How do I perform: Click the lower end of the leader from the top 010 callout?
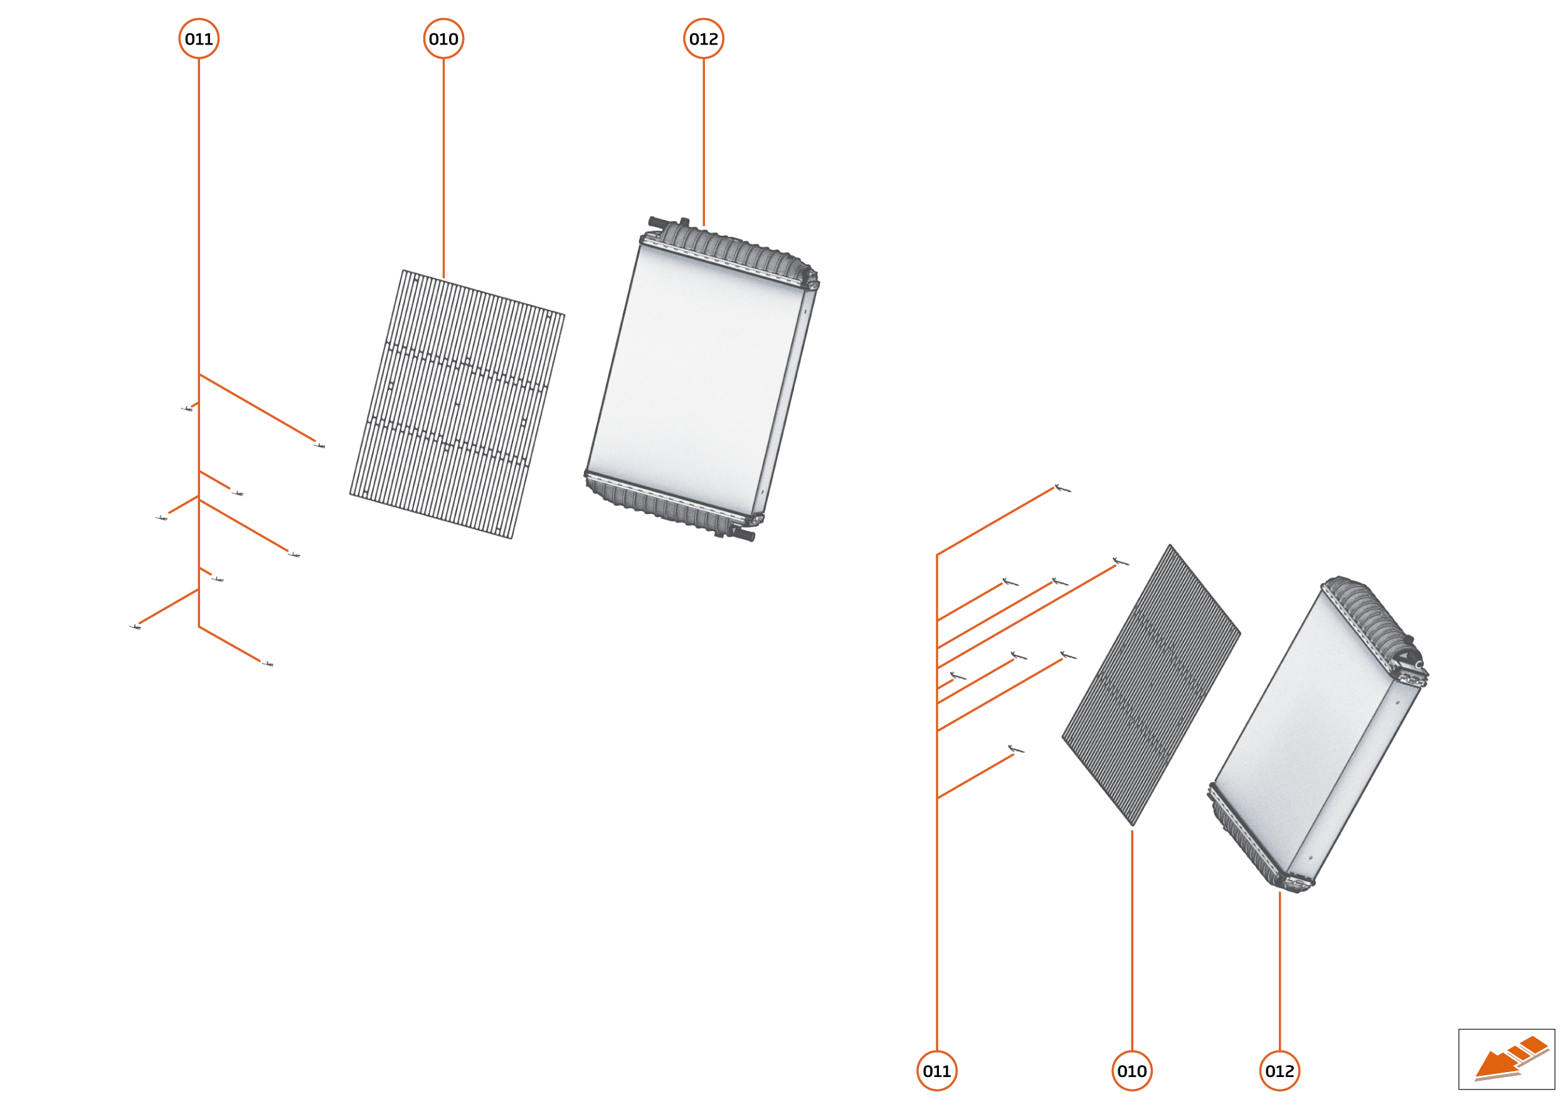point(443,278)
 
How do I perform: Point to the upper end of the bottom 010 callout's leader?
point(1132,831)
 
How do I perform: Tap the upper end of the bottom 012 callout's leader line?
point(1279,892)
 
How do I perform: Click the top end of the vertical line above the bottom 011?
point(936,554)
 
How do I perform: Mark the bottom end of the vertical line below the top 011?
point(199,627)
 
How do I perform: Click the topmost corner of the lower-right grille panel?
point(1170,545)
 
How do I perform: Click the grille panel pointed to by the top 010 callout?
point(457,404)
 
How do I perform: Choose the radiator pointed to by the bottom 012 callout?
point(1318,734)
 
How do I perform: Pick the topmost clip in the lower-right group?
point(1062,488)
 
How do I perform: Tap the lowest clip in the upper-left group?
point(268,664)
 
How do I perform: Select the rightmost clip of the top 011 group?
point(319,446)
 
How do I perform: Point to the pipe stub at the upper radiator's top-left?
point(659,222)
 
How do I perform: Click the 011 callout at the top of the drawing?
point(199,39)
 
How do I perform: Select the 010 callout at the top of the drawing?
point(443,39)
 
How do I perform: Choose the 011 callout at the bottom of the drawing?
point(936,1071)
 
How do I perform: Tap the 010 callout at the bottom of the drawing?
point(1132,1071)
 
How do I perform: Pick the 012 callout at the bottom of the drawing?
point(1279,1071)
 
